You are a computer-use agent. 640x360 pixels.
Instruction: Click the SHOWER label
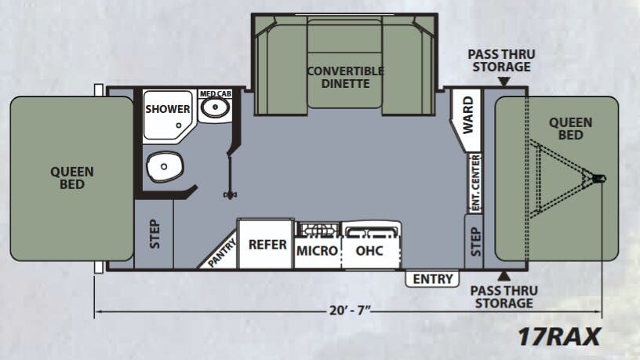tap(168, 109)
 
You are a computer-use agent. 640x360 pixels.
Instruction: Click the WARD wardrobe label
tap(467, 114)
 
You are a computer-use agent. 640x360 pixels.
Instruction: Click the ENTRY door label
tap(432, 278)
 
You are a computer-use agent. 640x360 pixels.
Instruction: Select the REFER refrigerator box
tap(267, 244)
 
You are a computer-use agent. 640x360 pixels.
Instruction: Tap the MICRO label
tap(317, 251)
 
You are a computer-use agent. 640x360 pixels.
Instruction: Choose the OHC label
tap(369, 251)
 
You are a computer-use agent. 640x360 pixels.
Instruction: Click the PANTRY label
tap(218, 253)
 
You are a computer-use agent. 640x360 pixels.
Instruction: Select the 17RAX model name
tap(558, 336)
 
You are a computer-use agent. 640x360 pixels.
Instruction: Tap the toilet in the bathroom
tap(164, 166)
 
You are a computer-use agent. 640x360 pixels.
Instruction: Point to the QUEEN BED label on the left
tap(72, 177)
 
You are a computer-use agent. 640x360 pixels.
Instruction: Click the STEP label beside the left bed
tap(155, 233)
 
